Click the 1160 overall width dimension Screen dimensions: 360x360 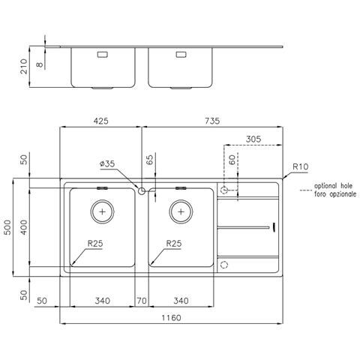[x=171, y=318]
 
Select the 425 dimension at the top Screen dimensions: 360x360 [x=101, y=121]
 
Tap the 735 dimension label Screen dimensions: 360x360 [x=212, y=121]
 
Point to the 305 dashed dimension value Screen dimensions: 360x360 [x=253, y=139]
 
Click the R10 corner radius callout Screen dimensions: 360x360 [x=301, y=166]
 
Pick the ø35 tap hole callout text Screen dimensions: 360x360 [x=107, y=163]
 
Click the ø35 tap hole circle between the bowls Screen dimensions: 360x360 [x=142, y=191]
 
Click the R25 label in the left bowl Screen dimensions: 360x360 [x=95, y=243]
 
